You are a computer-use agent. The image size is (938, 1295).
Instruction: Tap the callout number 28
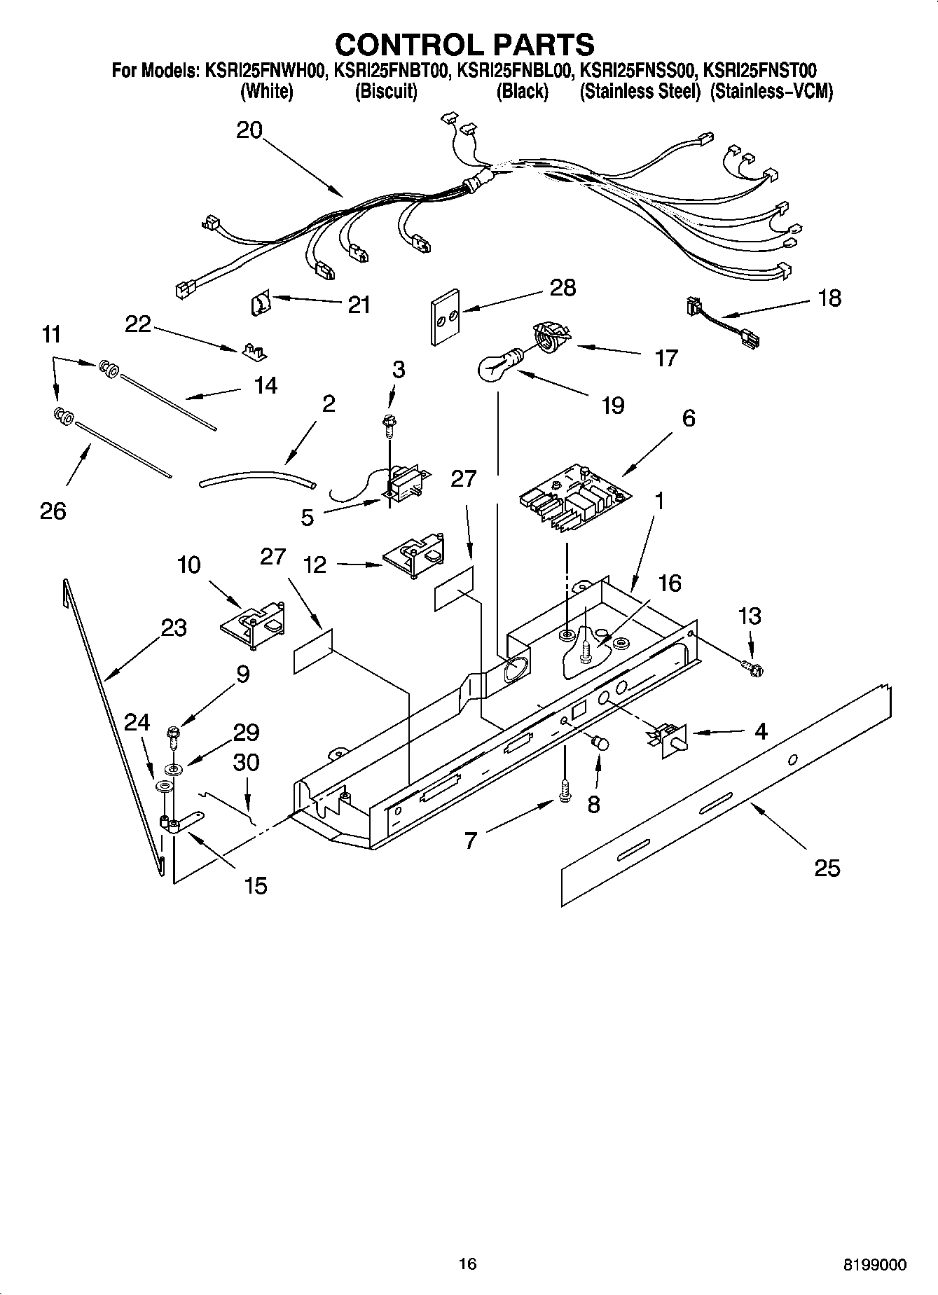tap(563, 288)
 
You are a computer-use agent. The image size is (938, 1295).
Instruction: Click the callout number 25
tap(827, 868)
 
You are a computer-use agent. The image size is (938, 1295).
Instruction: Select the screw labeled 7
tap(565, 792)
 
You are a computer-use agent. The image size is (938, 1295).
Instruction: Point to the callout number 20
tap(249, 130)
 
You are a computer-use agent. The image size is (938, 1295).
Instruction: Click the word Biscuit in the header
tap(386, 92)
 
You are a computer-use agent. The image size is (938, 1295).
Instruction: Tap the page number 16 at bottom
tap(467, 1263)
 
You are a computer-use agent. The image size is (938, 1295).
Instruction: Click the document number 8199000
tap(874, 1265)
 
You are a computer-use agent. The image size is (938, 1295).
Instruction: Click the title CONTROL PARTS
tap(464, 45)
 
